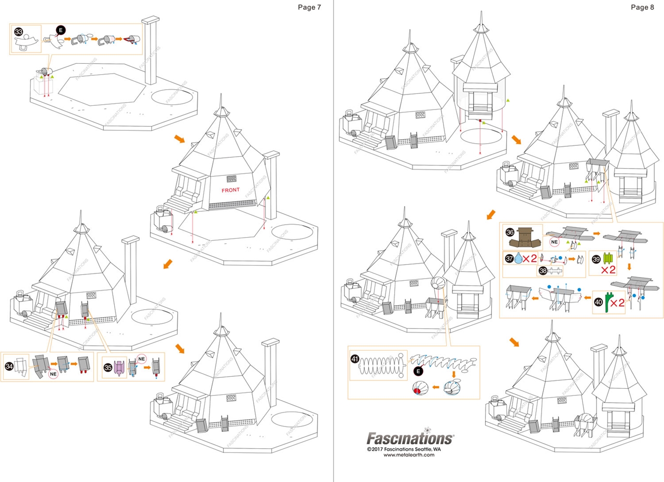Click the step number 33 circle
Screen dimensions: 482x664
click(19, 32)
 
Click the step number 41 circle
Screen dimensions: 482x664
click(355, 359)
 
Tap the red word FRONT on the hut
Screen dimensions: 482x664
click(230, 190)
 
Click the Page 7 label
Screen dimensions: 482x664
click(310, 7)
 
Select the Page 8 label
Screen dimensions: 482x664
click(643, 7)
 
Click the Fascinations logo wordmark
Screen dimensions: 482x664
click(410, 438)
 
